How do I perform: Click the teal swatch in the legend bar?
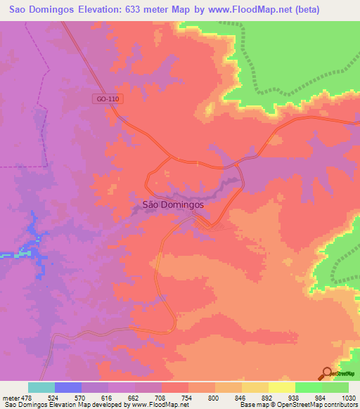(41, 387)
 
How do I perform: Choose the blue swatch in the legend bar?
(68, 387)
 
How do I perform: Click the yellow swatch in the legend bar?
(282, 387)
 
